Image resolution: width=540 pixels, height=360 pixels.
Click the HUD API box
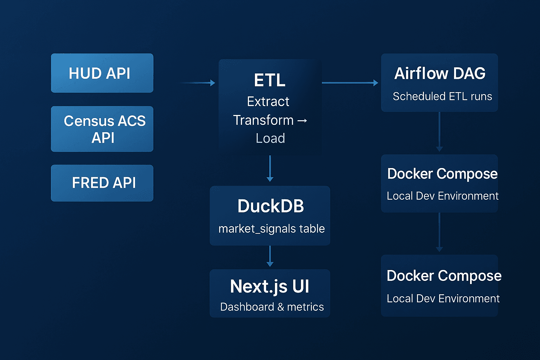coord(102,73)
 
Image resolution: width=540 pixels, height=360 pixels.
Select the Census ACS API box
coord(102,129)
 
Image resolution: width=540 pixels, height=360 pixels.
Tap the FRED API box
coord(102,183)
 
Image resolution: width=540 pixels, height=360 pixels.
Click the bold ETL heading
coord(270,80)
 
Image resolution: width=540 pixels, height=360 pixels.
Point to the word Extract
coord(268,102)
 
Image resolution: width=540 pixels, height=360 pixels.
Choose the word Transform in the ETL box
coord(263,120)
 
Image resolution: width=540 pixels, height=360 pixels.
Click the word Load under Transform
coord(270,139)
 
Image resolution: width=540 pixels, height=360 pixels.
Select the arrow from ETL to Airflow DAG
coord(350,83)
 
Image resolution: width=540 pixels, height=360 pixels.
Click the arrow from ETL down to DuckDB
coord(270,169)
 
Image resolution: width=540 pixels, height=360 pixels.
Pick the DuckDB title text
coord(270,206)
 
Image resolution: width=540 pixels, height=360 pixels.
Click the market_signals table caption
coord(271,229)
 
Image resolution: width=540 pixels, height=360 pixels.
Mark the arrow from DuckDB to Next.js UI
coord(270,256)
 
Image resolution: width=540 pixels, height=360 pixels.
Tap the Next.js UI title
coord(270,286)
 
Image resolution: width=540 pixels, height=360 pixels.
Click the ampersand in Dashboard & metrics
coord(281,307)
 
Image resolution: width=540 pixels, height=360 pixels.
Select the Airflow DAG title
coord(440,73)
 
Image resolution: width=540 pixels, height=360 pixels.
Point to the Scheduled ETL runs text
coord(442,96)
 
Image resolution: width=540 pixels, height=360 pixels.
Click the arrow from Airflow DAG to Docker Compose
coord(439,132)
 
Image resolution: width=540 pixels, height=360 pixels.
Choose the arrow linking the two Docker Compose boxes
coord(439,232)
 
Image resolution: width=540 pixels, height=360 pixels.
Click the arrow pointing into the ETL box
coord(198,83)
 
